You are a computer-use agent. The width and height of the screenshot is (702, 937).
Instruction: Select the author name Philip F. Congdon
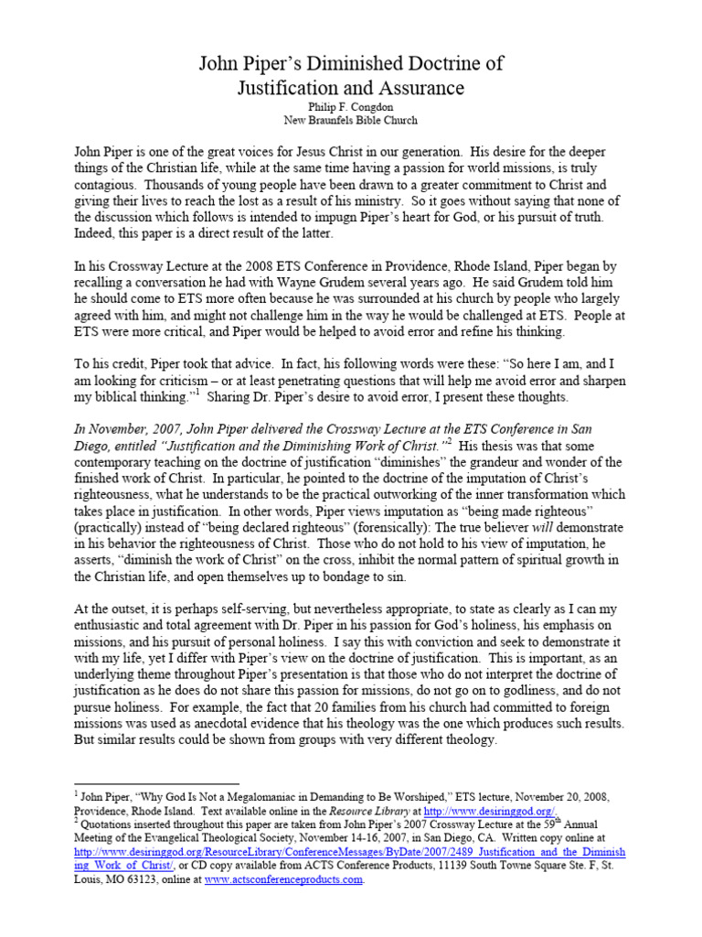[x=351, y=107]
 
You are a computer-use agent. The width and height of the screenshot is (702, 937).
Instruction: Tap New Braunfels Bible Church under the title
[x=351, y=121]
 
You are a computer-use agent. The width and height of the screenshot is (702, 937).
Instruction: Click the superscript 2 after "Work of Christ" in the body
[x=450, y=440]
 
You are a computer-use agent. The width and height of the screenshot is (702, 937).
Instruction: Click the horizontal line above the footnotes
[x=155, y=784]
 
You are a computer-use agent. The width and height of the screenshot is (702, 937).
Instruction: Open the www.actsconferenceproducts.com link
[x=283, y=880]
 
